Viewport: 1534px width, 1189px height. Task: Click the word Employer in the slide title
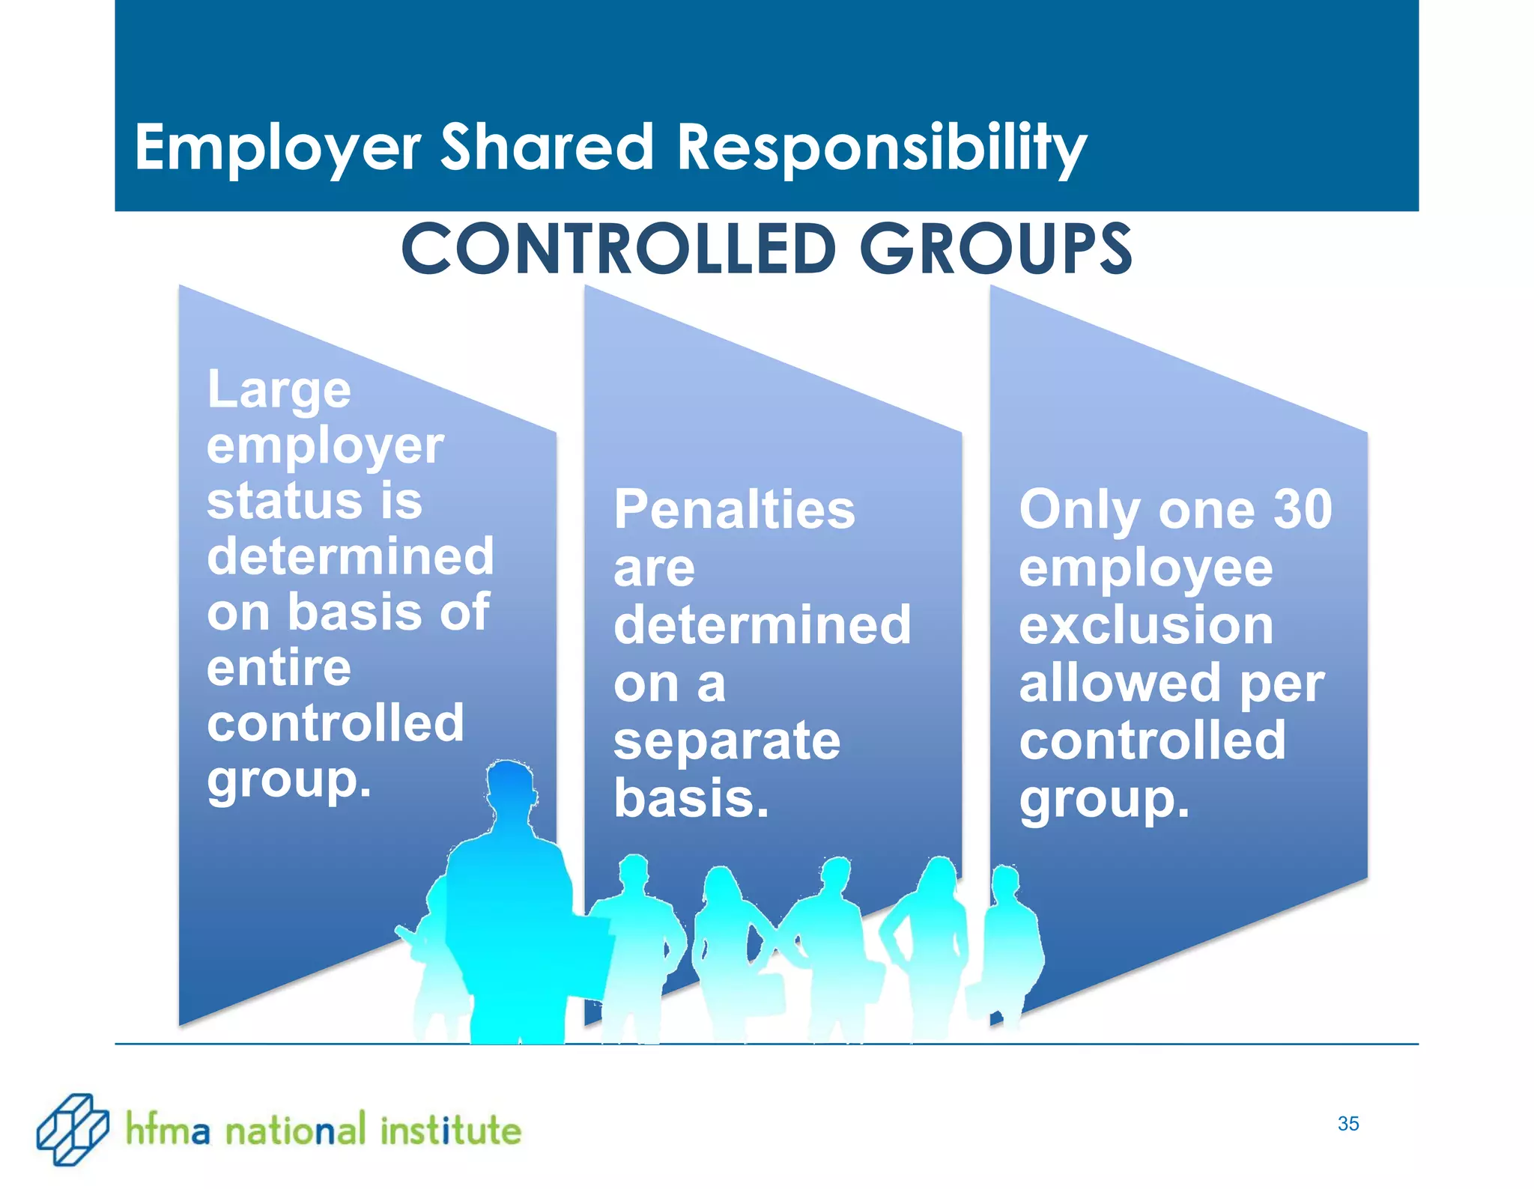tap(277, 148)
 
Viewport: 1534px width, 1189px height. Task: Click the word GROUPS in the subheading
tap(995, 249)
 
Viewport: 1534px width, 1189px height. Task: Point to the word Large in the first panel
tap(279, 391)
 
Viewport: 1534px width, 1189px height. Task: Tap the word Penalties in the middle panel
tap(734, 509)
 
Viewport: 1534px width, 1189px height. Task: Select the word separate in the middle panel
tap(727, 741)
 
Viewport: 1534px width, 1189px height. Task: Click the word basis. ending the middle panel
tap(691, 798)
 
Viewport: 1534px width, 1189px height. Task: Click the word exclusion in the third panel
tap(1146, 625)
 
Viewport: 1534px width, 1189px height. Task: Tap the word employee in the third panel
tap(1146, 569)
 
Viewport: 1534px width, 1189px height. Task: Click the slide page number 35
tap(1347, 1123)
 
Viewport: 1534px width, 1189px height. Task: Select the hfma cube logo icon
tap(72, 1128)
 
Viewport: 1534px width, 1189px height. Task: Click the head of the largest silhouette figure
tap(510, 786)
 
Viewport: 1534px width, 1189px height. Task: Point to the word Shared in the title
tap(548, 147)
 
